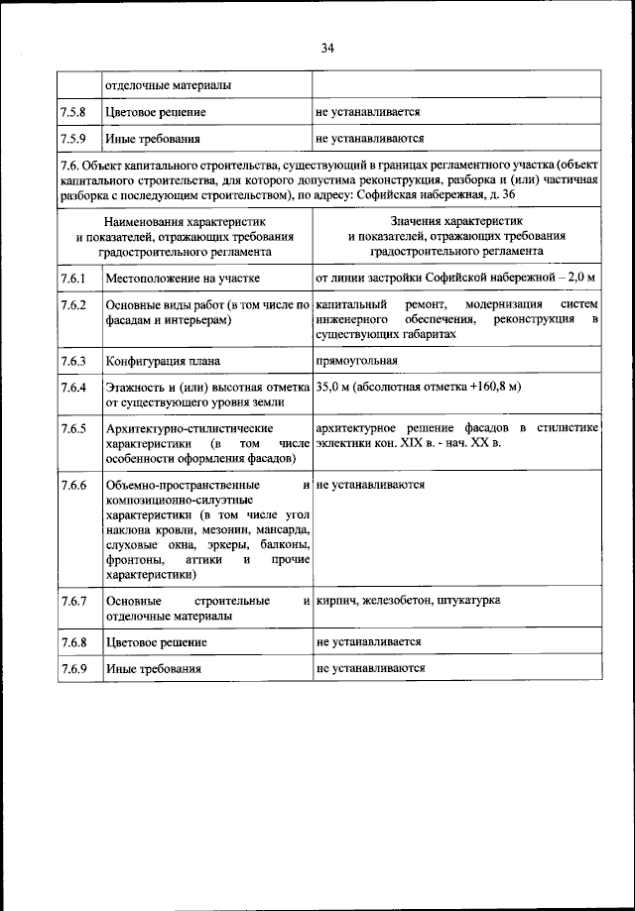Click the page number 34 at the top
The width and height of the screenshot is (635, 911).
(x=327, y=47)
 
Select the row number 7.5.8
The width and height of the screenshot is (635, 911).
(x=73, y=114)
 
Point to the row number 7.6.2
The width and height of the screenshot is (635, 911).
(x=73, y=304)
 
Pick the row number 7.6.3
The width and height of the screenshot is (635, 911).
(x=73, y=361)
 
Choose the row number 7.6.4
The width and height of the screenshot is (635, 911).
(x=73, y=387)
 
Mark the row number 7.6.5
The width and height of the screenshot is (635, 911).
(x=73, y=428)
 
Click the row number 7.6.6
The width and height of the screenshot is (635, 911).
(x=73, y=486)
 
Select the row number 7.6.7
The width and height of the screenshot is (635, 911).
(x=73, y=602)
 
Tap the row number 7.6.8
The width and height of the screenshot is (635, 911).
(x=73, y=642)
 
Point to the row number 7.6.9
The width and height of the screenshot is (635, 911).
(x=73, y=669)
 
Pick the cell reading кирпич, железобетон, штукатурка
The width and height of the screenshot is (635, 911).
(x=408, y=602)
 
